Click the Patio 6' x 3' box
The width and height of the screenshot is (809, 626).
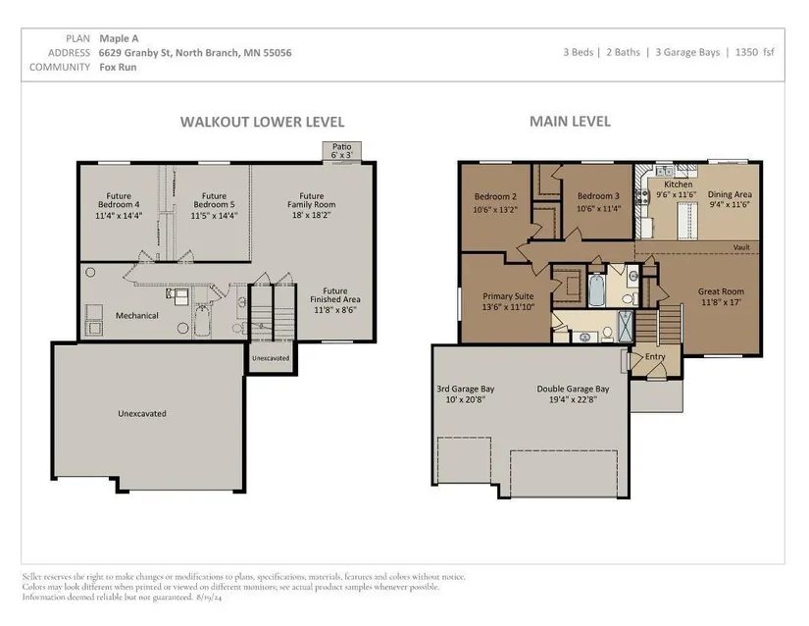[341, 151]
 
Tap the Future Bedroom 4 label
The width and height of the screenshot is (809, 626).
[119, 200]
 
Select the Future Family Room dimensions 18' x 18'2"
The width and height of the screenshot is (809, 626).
[311, 215]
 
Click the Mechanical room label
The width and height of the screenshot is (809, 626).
[136, 315]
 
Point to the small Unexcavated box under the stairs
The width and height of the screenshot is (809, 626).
[271, 358]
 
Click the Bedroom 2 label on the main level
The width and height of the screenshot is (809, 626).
[495, 196]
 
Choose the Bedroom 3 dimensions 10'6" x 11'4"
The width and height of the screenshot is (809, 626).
[598, 209]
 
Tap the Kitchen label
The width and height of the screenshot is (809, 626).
[678, 184]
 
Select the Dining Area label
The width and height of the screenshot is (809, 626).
[730, 194]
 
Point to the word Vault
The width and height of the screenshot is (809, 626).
[741, 247]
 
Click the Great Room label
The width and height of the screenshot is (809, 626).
[721, 291]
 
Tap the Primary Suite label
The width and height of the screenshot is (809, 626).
[508, 296]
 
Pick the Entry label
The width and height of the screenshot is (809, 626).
[655, 356]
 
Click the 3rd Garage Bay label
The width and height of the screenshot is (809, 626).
[466, 390]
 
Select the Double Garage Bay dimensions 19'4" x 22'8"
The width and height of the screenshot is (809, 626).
[573, 399]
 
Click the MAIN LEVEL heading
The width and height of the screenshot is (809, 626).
[570, 122]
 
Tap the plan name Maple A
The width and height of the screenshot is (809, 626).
[119, 38]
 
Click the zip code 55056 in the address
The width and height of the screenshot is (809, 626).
[278, 53]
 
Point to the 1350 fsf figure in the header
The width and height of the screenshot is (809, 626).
[755, 52]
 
